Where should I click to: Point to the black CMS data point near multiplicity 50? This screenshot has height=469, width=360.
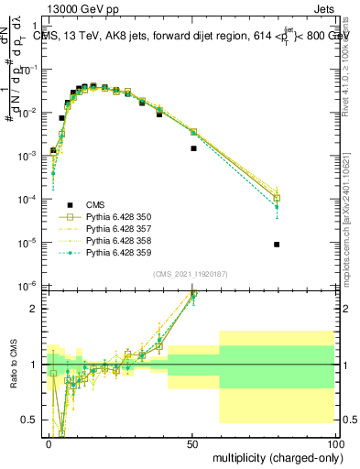(x=193, y=147)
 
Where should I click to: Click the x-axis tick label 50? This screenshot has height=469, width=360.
(x=192, y=442)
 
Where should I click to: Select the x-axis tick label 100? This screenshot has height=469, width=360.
(x=334, y=442)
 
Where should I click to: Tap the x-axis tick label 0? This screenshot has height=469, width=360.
(x=49, y=442)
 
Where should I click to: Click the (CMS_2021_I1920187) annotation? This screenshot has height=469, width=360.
(x=191, y=273)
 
